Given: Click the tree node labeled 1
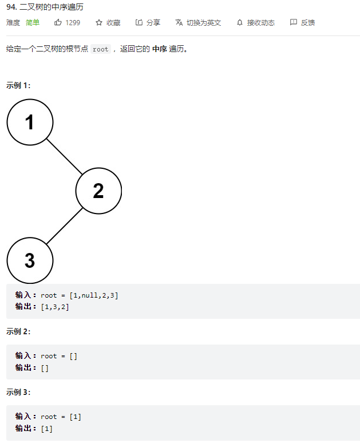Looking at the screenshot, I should [30, 122].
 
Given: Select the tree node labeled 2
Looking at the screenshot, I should [98, 191].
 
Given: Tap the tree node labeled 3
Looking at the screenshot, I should [30, 260].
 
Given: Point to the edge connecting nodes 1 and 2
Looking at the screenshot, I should [64, 156].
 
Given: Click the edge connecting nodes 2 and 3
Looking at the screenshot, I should [64, 226].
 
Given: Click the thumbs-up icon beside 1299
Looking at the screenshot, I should [58, 23].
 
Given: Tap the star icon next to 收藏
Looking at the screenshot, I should [99, 23].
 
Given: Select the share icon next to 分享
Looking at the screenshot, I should [139, 23].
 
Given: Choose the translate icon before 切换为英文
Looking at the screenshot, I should [179, 23].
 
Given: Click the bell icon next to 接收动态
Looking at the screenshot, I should [240, 23].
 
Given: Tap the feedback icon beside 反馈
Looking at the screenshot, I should [294, 23].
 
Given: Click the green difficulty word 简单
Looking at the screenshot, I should [33, 23].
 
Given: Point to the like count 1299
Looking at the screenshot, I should [73, 23].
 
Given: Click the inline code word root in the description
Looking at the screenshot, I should [100, 49].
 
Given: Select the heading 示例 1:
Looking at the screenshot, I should [18, 85].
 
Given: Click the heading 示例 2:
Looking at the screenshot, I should [18, 331].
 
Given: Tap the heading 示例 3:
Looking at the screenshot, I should [18, 392].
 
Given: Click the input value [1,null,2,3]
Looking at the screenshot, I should [94, 295].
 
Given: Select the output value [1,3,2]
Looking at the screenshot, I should [54, 307].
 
